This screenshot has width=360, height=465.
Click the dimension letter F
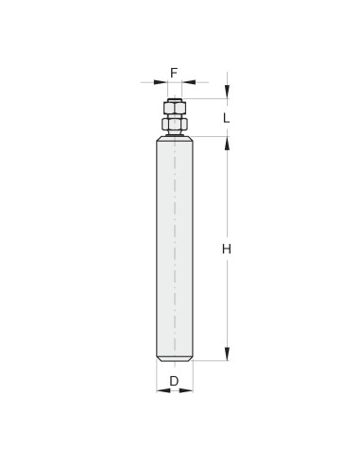pyautogui.click(x=174, y=73)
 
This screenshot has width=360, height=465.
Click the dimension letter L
pyautogui.click(x=227, y=118)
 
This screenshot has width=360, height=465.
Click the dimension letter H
pyautogui.click(x=227, y=249)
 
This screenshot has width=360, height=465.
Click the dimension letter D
pyautogui.click(x=174, y=382)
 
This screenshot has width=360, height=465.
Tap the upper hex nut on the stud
pyautogui.click(x=175, y=109)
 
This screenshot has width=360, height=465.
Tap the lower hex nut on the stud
pyautogui.click(x=175, y=124)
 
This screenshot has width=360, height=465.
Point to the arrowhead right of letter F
pyautogui.click(x=189, y=83)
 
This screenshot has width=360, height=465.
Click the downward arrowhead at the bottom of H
pyautogui.click(x=227, y=353)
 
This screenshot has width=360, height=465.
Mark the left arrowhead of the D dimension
pyautogui.click(x=163, y=390)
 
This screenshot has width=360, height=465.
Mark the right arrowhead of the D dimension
pyautogui.click(x=186, y=390)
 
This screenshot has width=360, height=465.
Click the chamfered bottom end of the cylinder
pyautogui.click(x=175, y=358)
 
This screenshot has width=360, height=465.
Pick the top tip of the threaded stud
pyautogui.click(x=175, y=98)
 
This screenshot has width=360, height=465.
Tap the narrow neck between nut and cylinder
pyautogui.click(x=175, y=133)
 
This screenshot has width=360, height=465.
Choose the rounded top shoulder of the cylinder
pyautogui.click(x=175, y=139)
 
